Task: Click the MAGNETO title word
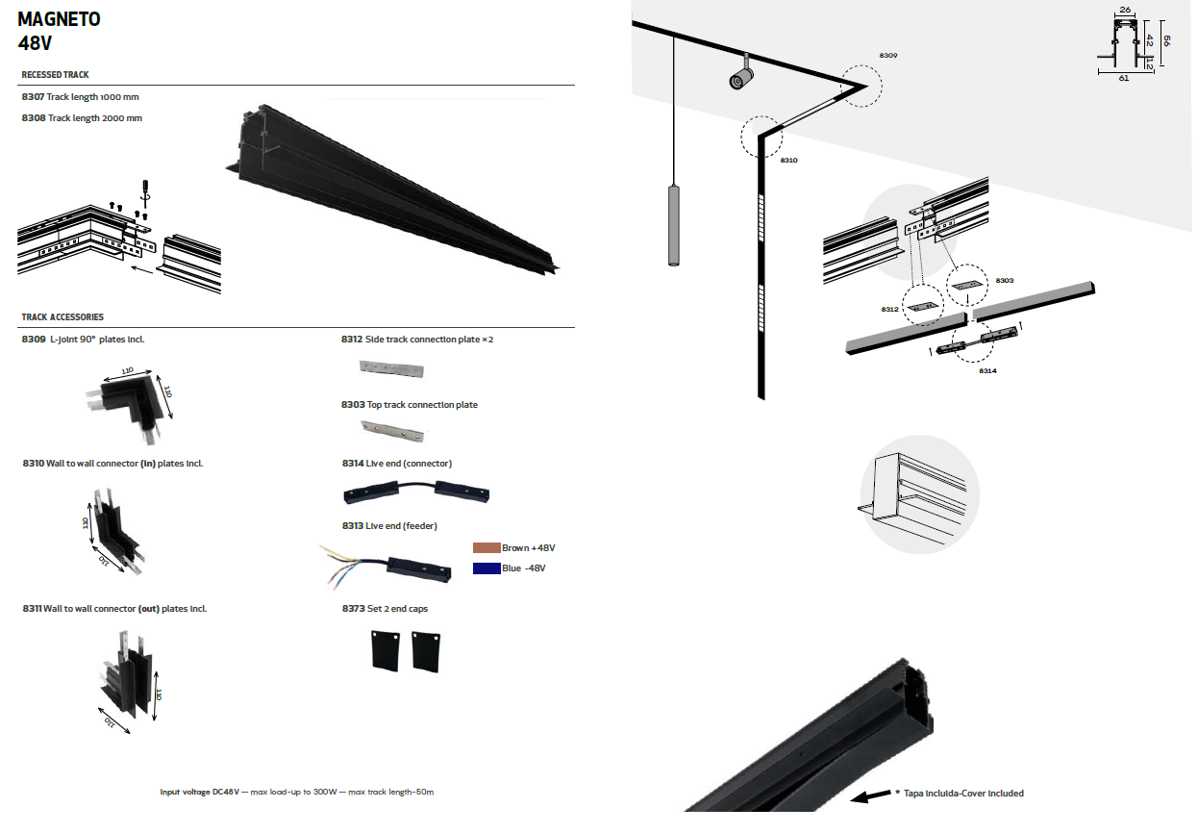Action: tap(59, 19)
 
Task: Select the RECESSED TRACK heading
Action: tap(55, 75)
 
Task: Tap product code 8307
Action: tap(33, 97)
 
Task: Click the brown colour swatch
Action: tap(487, 548)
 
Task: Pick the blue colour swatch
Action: tap(487, 568)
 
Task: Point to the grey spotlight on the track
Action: tap(742, 74)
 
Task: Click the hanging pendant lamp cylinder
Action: tap(674, 225)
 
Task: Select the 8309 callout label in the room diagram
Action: tap(887, 56)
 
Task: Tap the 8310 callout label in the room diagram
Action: tap(788, 161)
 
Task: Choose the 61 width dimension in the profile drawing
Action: tap(1124, 78)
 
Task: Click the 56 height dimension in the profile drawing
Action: tap(1166, 40)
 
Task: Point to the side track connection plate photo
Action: tap(391, 368)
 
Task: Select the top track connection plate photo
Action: tap(393, 431)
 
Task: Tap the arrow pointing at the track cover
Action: tap(870, 796)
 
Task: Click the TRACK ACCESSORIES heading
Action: tap(62, 317)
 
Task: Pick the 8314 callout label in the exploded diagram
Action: tap(987, 371)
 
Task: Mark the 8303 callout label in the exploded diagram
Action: tap(1004, 281)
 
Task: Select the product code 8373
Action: tap(354, 609)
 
